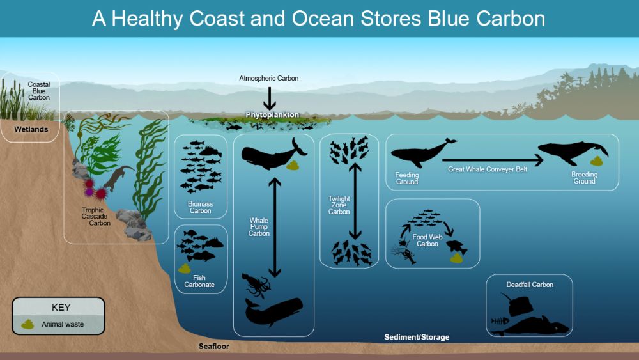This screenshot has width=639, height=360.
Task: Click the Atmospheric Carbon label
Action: [x=268, y=78]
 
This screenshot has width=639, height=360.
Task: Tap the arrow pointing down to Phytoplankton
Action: [x=269, y=98]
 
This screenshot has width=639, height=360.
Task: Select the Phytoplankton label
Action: [x=272, y=115]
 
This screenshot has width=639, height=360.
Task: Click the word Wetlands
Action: [x=31, y=129]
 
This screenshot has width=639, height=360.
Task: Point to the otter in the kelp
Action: [x=119, y=177]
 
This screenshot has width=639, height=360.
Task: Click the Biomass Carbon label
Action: [x=200, y=207]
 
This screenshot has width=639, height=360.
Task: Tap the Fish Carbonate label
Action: [x=199, y=281]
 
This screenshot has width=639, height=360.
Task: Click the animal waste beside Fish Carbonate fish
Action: [x=185, y=269]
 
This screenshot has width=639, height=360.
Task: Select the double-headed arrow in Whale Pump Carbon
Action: [x=275, y=227]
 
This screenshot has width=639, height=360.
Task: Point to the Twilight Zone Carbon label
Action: [x=339, y=205]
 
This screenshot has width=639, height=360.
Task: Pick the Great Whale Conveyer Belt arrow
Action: [x=493, y=160]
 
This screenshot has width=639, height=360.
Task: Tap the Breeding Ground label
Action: [x=585, y=177]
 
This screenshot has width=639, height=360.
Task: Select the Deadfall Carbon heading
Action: [x=530, y=285]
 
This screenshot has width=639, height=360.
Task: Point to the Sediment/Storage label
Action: [x=417, y=337]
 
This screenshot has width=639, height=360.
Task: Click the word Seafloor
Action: [x=214, y=347]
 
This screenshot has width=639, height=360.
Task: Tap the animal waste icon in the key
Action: [x=27, y=325]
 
